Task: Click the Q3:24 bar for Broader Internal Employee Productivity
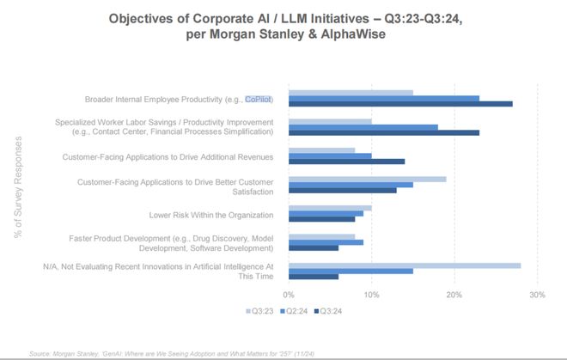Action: (x=400, y=104)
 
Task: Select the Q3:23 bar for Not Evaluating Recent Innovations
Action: (x=405, y=265)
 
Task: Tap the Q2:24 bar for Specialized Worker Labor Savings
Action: (x=363, y=126)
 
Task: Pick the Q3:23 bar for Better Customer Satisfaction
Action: (x=368, y=179)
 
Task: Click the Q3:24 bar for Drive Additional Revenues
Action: (x=346, y=162)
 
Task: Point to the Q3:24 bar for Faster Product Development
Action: (x=314, y=247)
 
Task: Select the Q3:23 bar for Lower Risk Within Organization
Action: (x=330, y=208)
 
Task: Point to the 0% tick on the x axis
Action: (x=289, y=295)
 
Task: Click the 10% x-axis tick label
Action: (x=371, y=295)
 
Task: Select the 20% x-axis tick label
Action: (x=454, y=295)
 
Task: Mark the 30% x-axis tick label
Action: (x=537, y=295)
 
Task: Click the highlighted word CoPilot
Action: (x=259, y=99)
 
